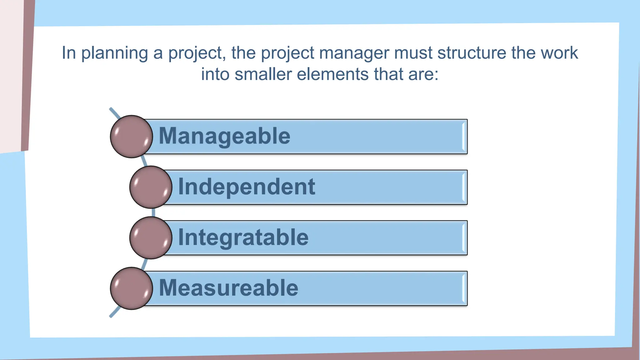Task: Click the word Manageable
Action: click(x=224, y=136)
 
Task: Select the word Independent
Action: click(x=247, y=187)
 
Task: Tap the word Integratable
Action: click(x=243, y=237)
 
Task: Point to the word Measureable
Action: click(x=228, y=288)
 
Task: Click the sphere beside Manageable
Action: click(x=132, y=137)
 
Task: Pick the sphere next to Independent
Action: click(x=151, y=187)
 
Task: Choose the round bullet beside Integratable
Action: click(x=151, y=238)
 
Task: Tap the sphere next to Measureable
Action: click(x=132, y=288)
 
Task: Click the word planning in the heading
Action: click(x=114, y=53)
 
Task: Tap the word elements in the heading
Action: click(x=332, y=74)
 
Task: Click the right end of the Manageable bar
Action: click(x=464, y=137)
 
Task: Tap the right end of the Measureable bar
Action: click(x=464, y=288)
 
